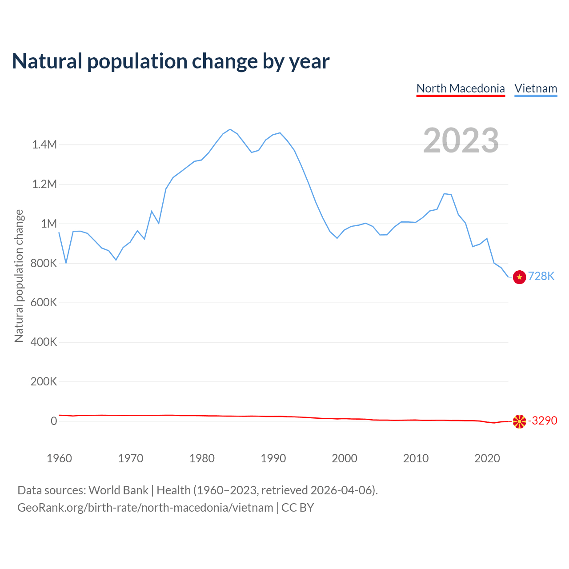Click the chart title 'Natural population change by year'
click(x=171, y=61)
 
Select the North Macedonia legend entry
click(x=461, y=88)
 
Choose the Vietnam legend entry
click(x=536, y=88)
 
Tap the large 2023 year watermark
click(x=461, y=140)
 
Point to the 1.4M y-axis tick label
click(x=44, y=144)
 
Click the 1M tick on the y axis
click(x=49, y=224)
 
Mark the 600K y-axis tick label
click(x=44, y=303)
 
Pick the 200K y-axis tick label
click(x=44, y=382)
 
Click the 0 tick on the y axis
click(x=54, y=421)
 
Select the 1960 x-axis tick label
click(x=59, y=458)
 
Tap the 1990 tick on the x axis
click(x=273, y=458)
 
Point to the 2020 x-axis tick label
click(x=487, y=458)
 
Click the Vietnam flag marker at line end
click(x=519, y=277)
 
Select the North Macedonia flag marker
click(x=519, y=421)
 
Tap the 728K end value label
click(x=541, y=276)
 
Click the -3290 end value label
click(x=543, y=421)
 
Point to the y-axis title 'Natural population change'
click(x=19, y=276)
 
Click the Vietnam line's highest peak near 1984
click(x=230, y=129)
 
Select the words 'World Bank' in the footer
click(x=118, y=490)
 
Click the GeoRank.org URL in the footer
click(x=145, y=508)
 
